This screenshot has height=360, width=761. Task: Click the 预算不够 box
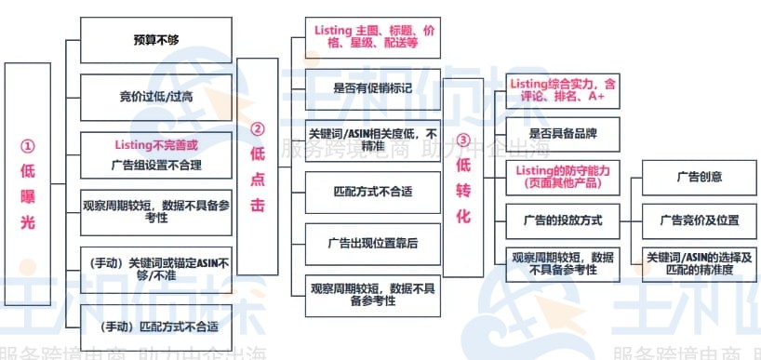pos(156,41)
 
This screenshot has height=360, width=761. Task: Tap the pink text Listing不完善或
pos(156,145)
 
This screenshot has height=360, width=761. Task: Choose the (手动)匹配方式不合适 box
pos(156,326)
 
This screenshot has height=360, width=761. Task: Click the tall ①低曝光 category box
pos(27,195)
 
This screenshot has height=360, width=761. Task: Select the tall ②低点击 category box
pos(258,167)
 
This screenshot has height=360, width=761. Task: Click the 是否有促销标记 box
pos(372,88)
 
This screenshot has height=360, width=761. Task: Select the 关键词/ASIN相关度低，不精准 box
pos(372,138)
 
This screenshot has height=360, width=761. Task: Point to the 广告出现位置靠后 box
pos(372,243)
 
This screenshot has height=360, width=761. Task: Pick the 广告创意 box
pos(698,177)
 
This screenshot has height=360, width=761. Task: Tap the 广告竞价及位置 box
pos(698,220)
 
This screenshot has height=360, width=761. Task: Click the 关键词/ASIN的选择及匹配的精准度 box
pos(698,262)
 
